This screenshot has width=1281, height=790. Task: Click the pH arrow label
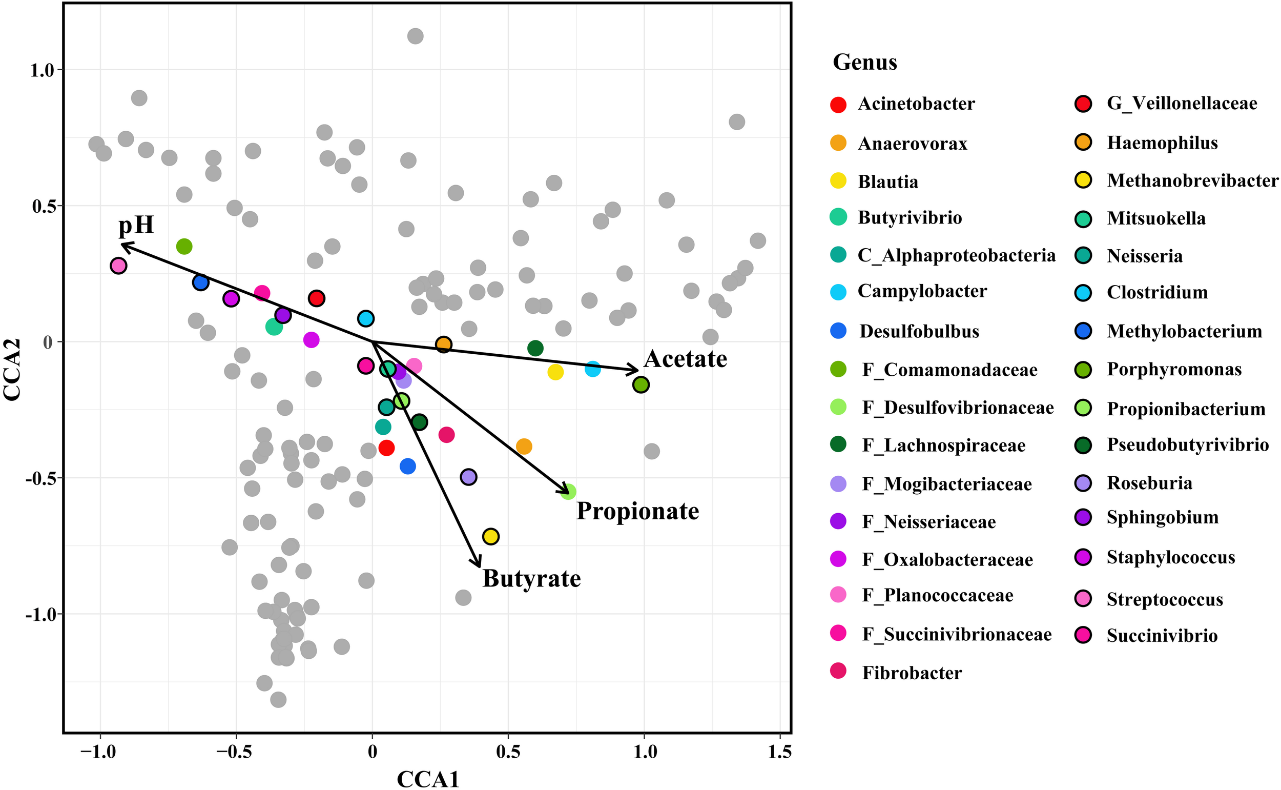click(x=136, y=226)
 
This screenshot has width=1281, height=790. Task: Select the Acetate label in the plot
click(x=685, y=359)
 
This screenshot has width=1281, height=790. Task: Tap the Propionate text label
click(x=637, y=511)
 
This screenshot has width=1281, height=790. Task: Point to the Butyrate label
click(x=531, y=578)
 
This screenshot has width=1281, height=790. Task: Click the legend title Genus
click(x=864, y=62)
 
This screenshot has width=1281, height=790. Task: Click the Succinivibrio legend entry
click(x=1162, y=635)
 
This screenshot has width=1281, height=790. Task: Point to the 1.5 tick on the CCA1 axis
click(x=780, y=753)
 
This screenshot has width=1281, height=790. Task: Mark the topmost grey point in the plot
click(x=415, y=36)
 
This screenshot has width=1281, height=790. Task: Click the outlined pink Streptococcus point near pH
click(x=118, y=266)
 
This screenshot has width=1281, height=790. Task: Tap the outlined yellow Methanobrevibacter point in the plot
click(x=490, y=536)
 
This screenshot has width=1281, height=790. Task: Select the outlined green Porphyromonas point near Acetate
click(x=641, y=384)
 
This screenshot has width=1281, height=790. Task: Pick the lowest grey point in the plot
click(x=278, y=699)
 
